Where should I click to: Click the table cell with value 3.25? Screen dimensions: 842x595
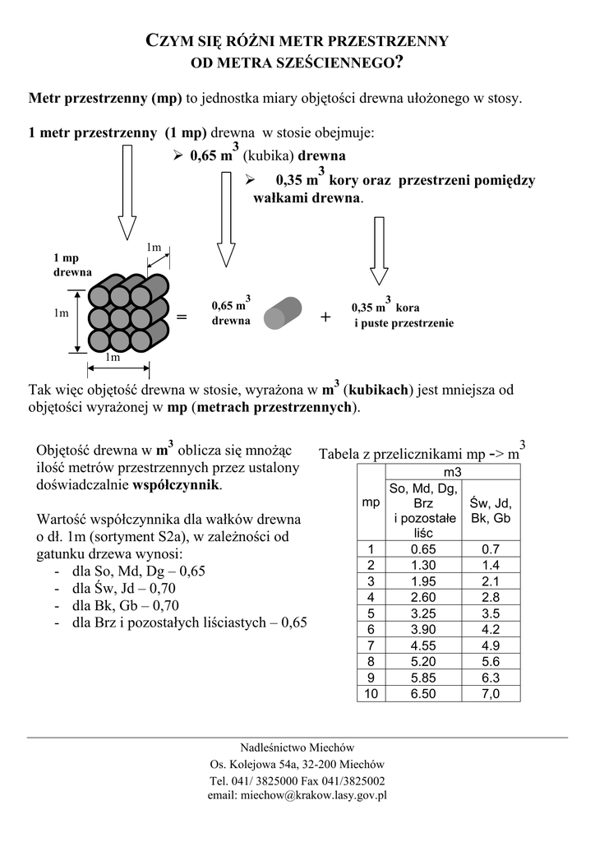423,613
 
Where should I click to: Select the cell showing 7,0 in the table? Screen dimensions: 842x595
491,693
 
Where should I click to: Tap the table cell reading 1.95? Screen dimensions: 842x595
423,581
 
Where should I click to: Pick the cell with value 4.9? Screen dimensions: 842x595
491,645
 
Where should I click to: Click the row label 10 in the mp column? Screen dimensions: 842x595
371,693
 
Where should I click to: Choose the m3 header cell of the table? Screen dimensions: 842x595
452,473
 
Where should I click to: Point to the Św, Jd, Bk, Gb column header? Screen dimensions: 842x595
491,511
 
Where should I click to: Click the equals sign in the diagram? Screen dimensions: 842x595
182,317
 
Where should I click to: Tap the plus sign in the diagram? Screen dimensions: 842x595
325,317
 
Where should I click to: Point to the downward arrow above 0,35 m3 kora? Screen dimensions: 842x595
379,250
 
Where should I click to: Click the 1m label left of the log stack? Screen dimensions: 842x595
61,313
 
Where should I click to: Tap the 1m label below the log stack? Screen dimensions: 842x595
113,358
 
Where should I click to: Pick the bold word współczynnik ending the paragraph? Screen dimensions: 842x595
176,485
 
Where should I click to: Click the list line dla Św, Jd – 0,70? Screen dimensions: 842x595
124,588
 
